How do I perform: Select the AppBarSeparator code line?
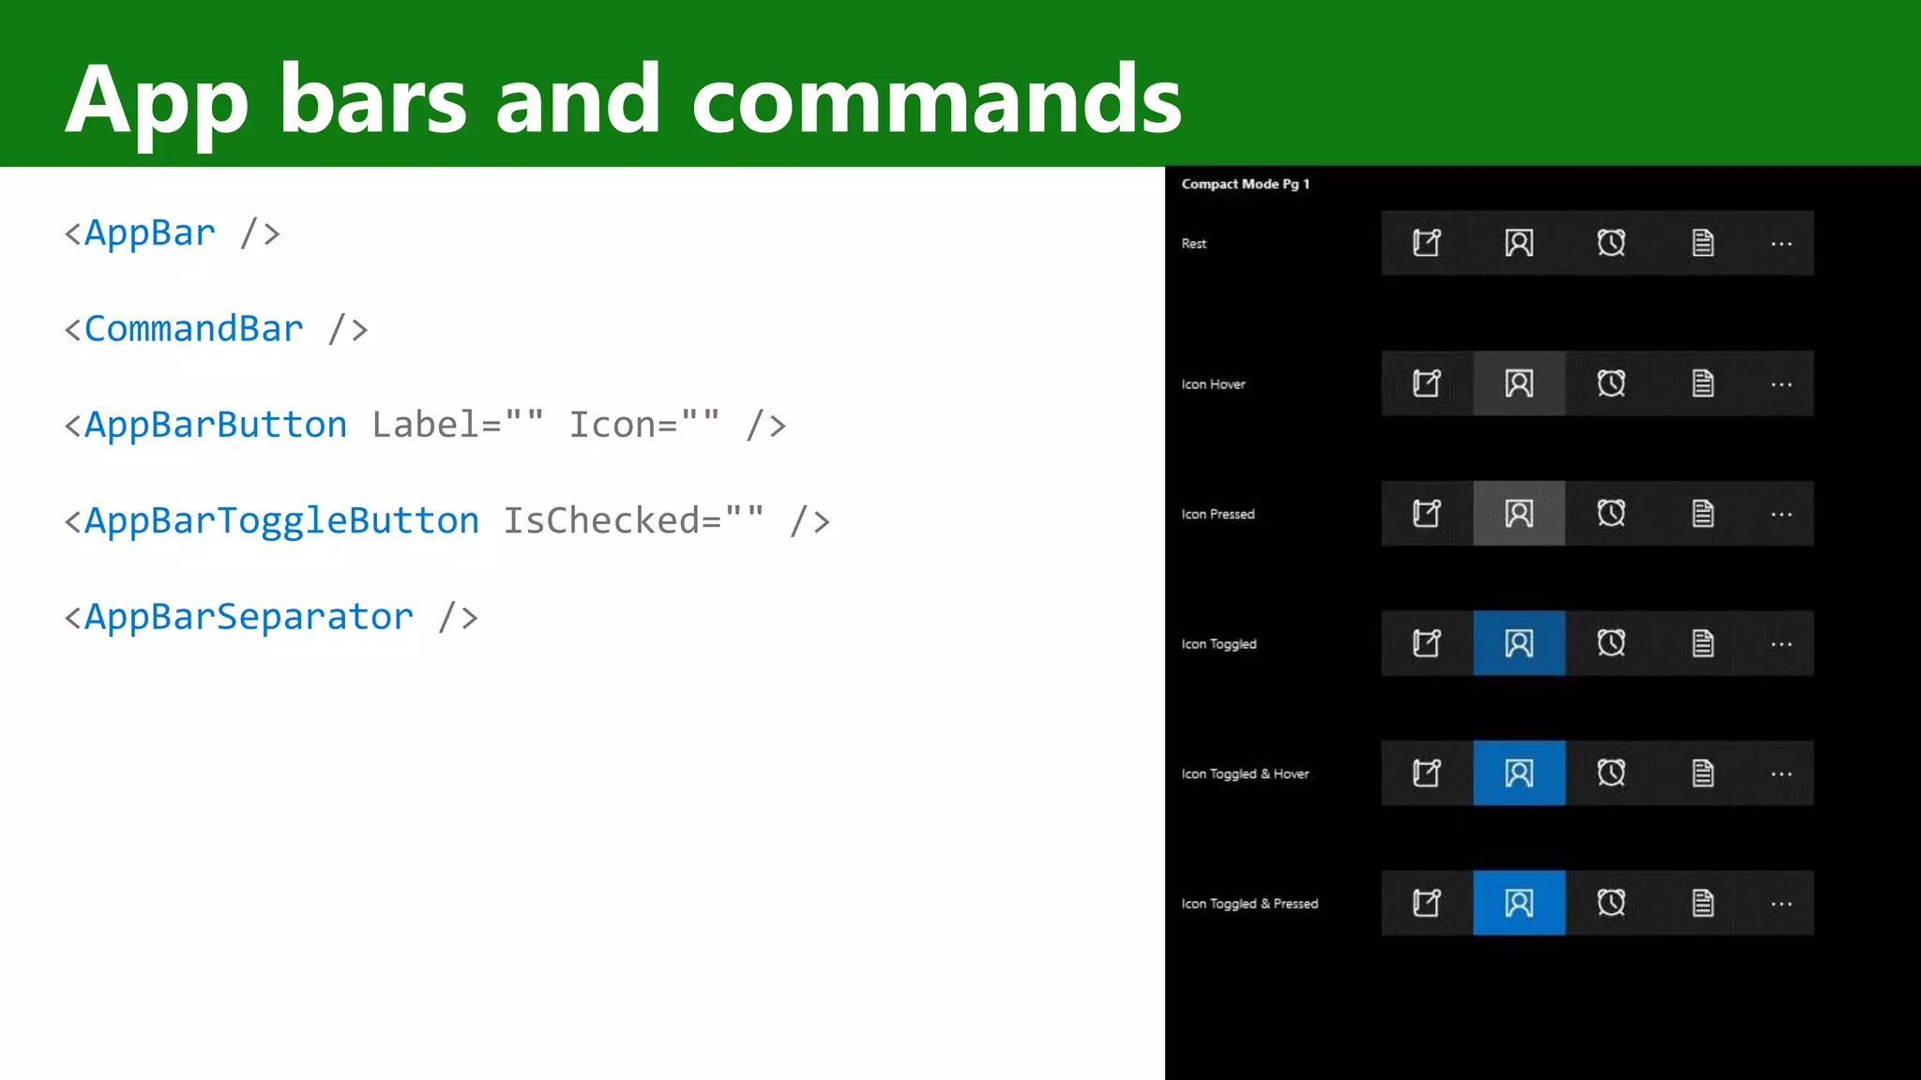tap(271, 617)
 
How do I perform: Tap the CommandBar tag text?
tap(193, 329)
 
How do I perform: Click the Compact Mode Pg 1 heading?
tap(1245, 184)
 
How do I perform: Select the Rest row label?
tap(1194, 244)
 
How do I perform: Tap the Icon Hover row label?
tap(1213, 384)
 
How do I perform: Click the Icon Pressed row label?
tap(1218, 514)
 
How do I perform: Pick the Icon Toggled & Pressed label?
tap(1249, 904)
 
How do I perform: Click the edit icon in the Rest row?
tap(1427, 243)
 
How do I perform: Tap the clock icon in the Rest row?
tap(1611, 243)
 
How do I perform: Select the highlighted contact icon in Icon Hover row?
tap(1519, 383)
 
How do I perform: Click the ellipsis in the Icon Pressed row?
tap(1781, 515)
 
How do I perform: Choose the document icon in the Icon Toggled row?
tap(1702, 643)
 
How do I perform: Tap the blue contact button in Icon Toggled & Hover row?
tap(1519, 773)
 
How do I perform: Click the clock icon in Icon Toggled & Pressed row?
tap(1611, 903)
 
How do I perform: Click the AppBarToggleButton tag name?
tap(281, 521)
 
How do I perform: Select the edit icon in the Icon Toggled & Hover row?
tap(1427, 773)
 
